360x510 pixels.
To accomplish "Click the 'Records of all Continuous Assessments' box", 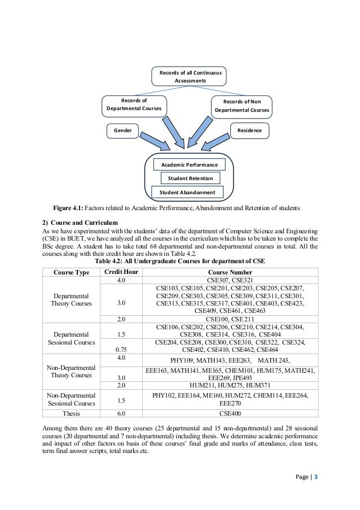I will tap(190, 77).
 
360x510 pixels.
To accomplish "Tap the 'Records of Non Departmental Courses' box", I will tap(242, 106).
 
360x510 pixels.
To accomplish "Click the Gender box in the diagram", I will tap(123, 130).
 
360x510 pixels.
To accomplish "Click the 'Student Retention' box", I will tap(190, 178).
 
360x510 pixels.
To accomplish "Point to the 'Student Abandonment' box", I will tap(187, 193).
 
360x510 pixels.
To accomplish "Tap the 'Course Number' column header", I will tap(230, 272).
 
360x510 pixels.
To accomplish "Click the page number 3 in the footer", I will tap(316, 477).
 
